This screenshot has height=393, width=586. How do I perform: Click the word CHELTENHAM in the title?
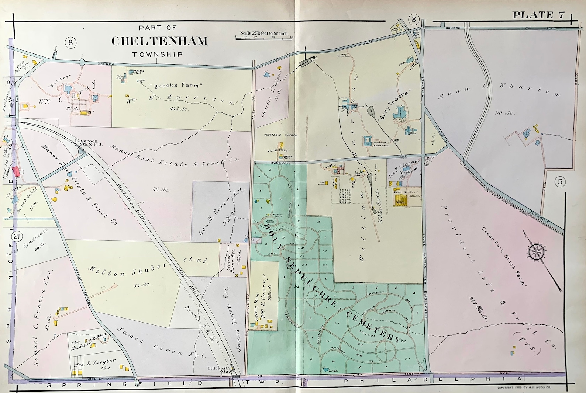[159, 41]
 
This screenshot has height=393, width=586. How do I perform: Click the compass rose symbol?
[537, 252]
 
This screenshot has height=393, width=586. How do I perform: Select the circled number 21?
[16, 236]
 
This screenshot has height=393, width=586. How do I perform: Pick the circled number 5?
[560, 182]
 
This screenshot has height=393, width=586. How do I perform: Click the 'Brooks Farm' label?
[178, 86]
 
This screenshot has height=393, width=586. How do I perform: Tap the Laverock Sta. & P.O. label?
[86, 143]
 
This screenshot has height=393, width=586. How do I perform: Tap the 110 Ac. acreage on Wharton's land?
[504, 112]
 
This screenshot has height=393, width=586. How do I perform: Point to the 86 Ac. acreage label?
[161, 189]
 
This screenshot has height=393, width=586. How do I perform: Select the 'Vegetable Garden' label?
[280, 135]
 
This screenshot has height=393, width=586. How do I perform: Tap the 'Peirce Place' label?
[277, 150]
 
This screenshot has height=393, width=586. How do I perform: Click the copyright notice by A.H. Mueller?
[524, 387]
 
